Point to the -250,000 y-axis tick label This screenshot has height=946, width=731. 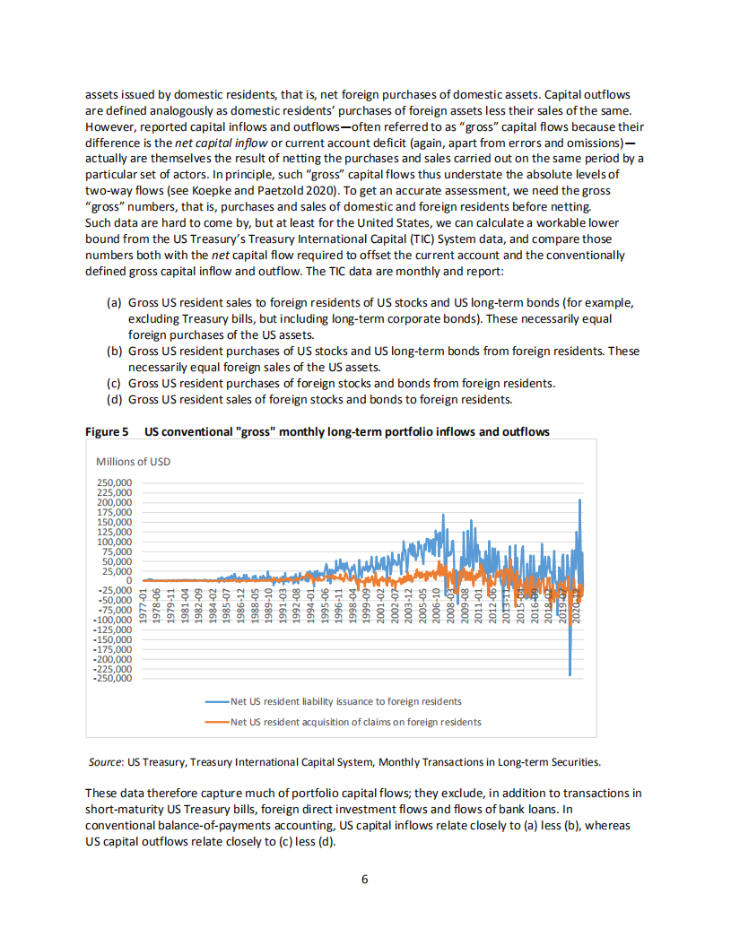(x=112, y=679)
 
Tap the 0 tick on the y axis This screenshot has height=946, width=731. (x=129, y=581)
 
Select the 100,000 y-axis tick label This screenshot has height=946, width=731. (x=113, y=542)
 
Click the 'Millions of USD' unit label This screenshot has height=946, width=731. (x=133, y=462)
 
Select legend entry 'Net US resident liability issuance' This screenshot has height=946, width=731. (x=345, y=701)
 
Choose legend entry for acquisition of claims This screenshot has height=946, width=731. (x=355, y=722)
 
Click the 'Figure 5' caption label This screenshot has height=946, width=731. (x=107, y=432)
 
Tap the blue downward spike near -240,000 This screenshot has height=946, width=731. (x=570, y=668)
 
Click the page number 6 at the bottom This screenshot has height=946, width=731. (x=365, y=879)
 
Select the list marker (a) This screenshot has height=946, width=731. (x=115, y=304)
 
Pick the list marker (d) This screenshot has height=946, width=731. (x=115, y=399)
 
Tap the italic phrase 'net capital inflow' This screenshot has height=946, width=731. (x=183, y=143)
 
